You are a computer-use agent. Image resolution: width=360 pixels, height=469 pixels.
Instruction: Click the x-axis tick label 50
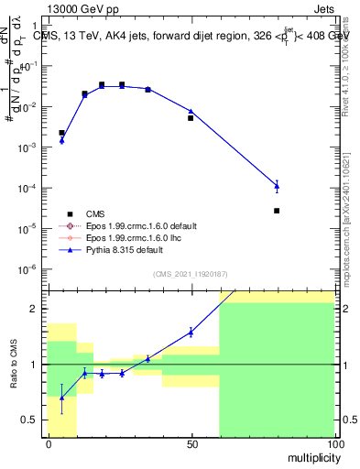191,444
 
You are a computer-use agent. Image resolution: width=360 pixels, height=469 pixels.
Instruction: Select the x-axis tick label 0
48,444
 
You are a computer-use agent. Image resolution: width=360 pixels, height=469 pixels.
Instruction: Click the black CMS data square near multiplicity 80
277,211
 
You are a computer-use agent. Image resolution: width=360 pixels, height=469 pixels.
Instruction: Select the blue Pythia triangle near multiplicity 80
277,186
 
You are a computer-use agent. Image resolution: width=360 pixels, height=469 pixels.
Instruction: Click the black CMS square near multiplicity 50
191,118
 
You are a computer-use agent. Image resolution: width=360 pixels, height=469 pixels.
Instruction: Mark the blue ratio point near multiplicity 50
191,332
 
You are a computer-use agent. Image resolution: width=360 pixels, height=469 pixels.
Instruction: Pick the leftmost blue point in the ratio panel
61,397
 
